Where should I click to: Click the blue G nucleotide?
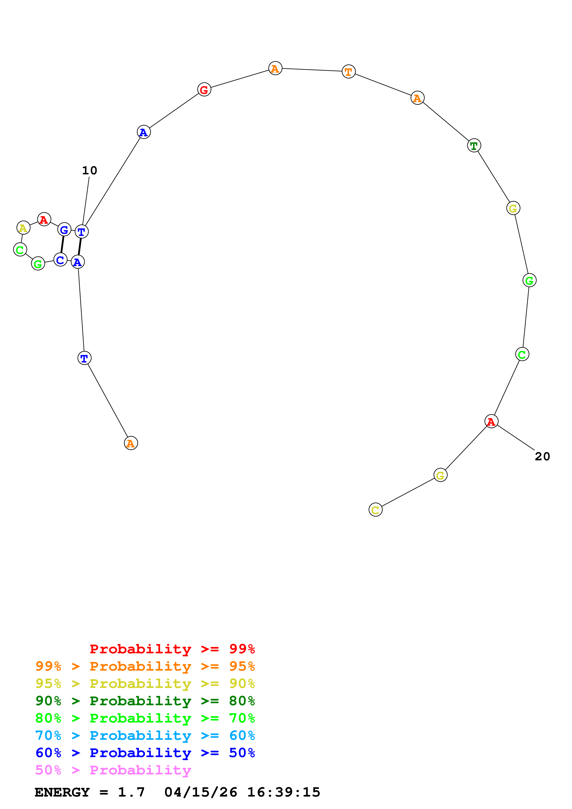pos(64,230)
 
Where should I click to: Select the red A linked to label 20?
pos(491,421)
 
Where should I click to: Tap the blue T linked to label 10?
pos(81,232)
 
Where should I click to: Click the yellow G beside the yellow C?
pos(440,475)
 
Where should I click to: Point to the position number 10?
pos(90,170)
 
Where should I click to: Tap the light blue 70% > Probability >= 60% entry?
pos(145,735)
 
